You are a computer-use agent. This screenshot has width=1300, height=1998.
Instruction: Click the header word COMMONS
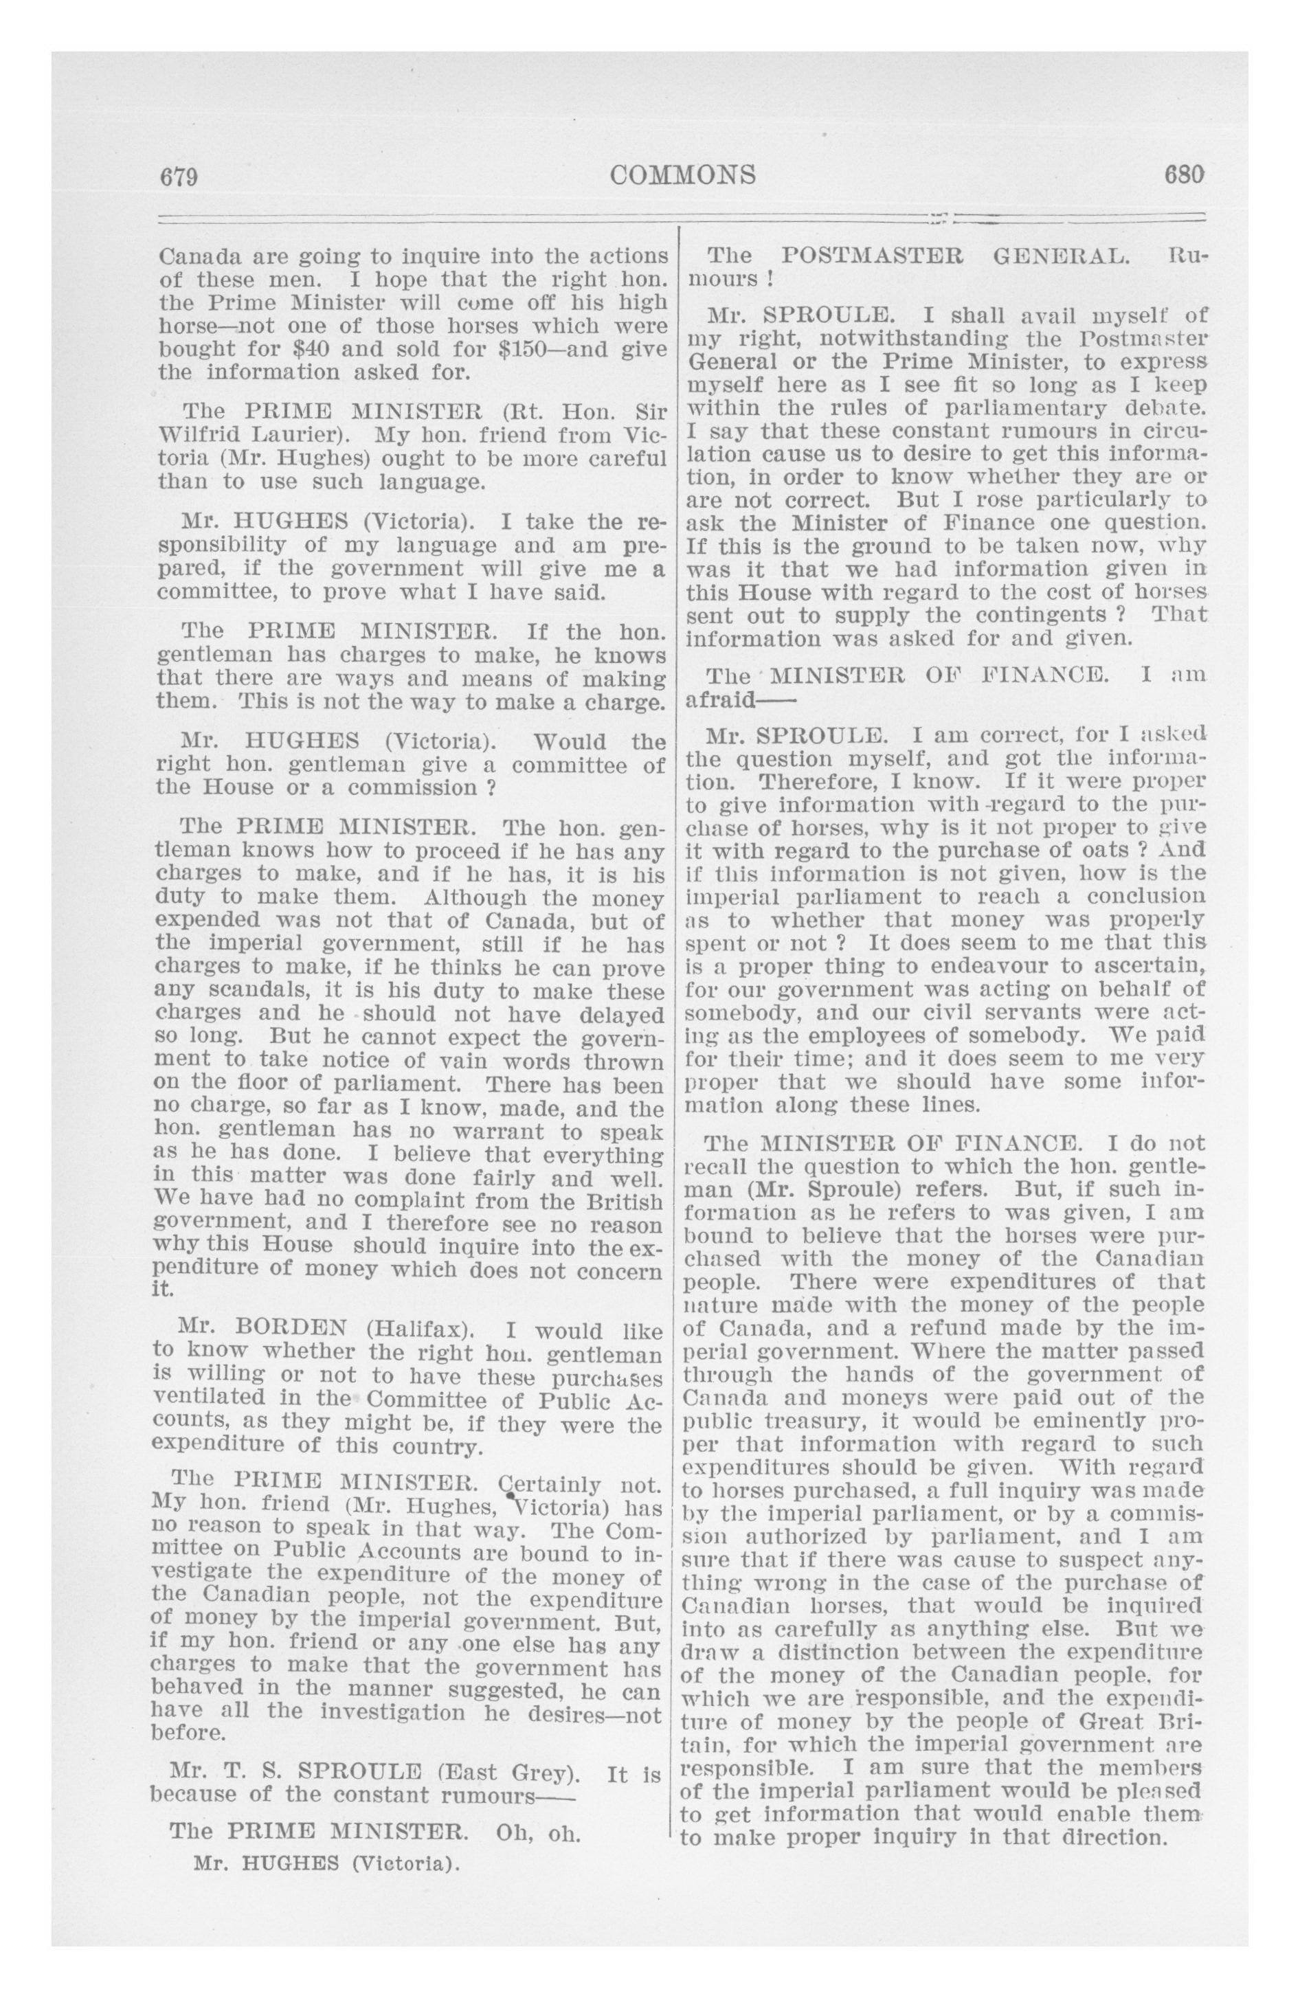coord(683,175)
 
